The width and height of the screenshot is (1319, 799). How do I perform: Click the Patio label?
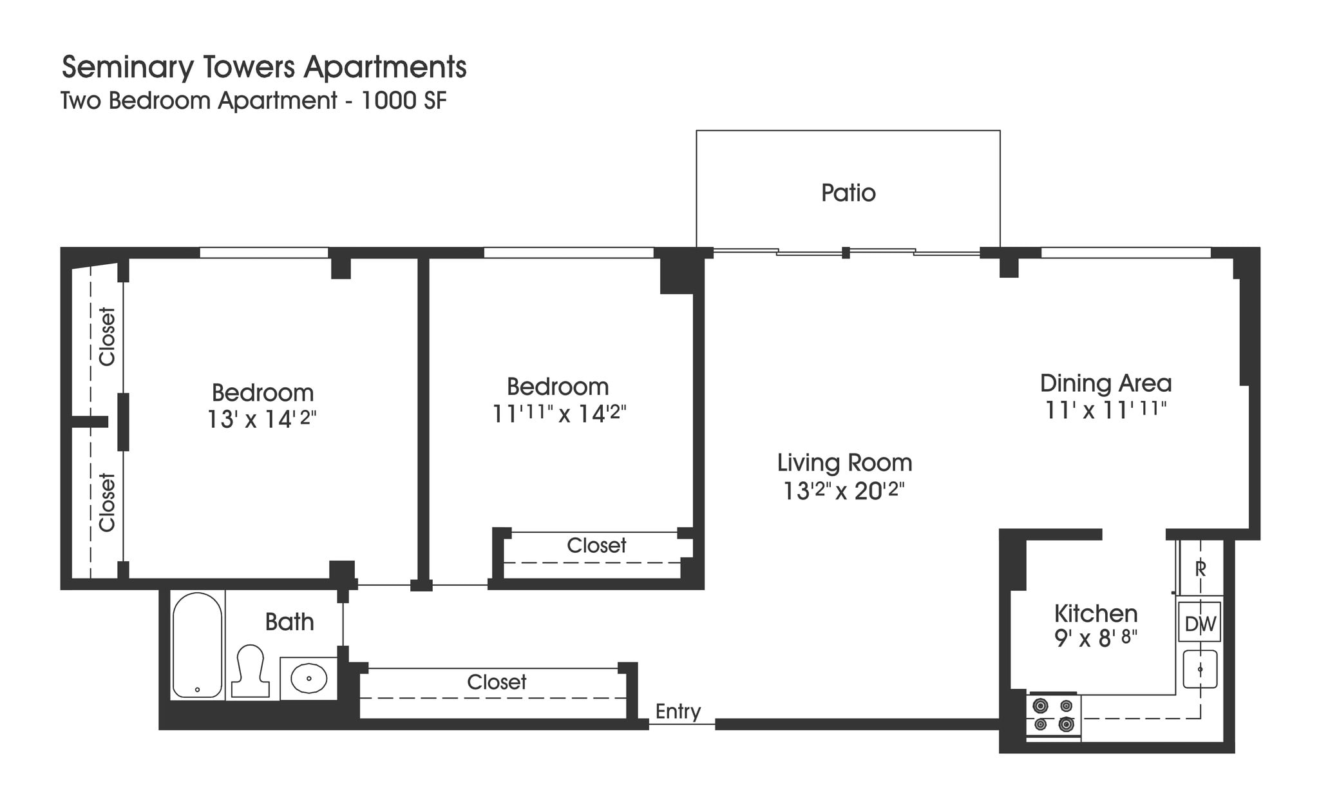(848, 193)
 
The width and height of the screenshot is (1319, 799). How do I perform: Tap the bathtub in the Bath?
(197, 644)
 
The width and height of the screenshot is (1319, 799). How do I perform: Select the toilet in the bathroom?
(250, 671)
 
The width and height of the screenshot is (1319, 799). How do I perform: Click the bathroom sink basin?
(309, 679)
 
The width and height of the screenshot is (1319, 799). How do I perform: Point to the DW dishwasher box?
(1200, 623)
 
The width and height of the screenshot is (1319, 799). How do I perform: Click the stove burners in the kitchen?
(1053, 715)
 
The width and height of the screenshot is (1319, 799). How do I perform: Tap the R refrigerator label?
(1200, 569)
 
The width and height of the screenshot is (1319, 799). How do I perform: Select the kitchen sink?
(1200, 669)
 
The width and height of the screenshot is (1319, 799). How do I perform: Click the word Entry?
(678, 711)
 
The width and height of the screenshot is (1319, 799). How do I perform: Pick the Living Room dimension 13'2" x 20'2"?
(844, 492)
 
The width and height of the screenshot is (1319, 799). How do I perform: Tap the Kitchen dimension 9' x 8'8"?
(1096, 639)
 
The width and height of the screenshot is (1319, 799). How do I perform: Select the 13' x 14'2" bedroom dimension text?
(262, 419)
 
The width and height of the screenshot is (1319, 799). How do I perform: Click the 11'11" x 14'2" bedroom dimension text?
(559, 413)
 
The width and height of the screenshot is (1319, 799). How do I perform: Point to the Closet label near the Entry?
(497, 682)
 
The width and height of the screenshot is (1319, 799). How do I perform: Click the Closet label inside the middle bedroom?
(596, 546)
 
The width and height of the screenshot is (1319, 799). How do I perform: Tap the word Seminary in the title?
(126, 68)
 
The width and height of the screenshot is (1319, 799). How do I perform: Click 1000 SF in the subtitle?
(404, 101)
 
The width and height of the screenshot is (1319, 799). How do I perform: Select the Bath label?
(289, 622)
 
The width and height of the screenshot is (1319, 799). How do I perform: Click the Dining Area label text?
(1105, 383)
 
